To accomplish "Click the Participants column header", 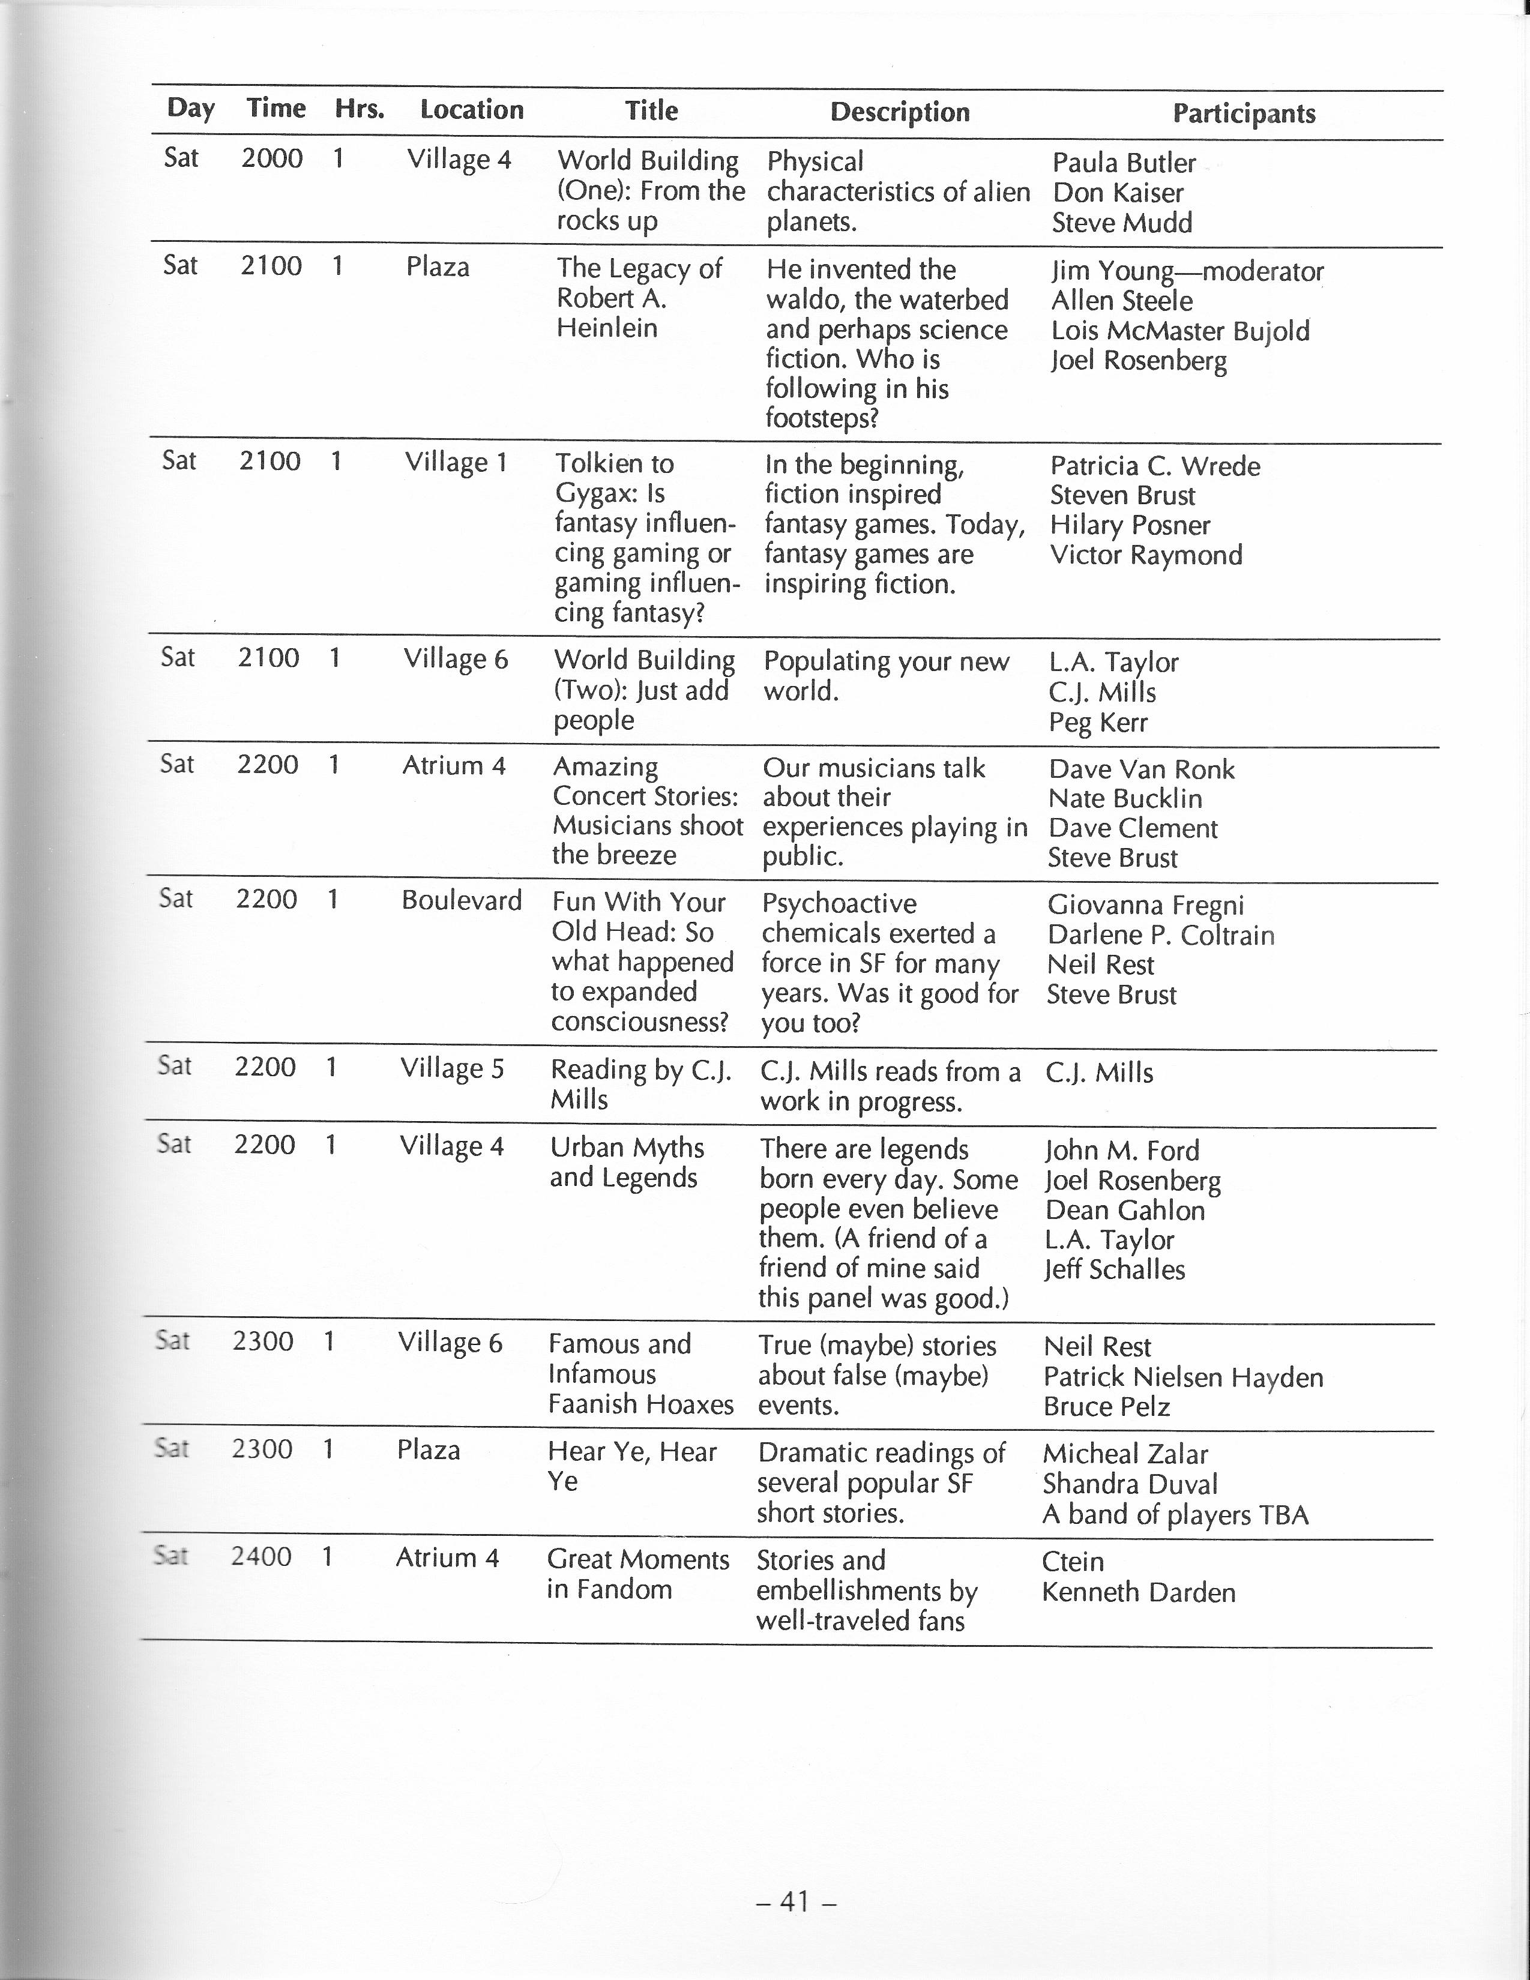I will click(1244, 113).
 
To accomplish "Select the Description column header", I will click(900, 112).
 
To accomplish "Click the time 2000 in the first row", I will click(272, 158).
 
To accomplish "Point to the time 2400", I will click(261, 1557).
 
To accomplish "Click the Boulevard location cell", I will click(462, 900).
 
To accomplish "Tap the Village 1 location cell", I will click(456, 462).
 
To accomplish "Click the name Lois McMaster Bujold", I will click(1180, 331).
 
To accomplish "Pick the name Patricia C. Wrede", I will click(1154, 466).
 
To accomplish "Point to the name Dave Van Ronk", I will click(1141, 769).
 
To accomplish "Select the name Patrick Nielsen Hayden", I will click(1182, 1377).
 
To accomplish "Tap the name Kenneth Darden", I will click(1138, 1592).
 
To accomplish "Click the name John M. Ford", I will click(1122, 1151).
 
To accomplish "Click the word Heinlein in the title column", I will click(607, 328).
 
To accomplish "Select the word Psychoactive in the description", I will click(839, 904).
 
